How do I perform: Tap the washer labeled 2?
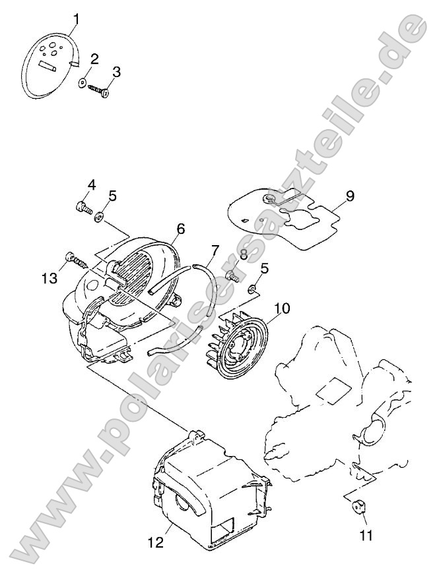[x=83, y=83]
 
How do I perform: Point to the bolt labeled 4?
[x=84, y=208]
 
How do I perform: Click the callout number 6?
[x=181, y=229]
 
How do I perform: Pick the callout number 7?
[x=215, y=251]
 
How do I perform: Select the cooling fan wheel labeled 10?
[x=350, y=196]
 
